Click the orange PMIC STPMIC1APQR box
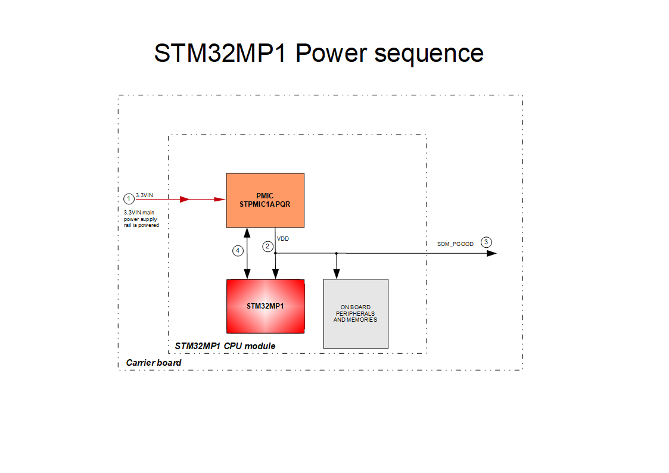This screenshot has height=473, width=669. [265, 200]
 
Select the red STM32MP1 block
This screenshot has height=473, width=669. [265, 306]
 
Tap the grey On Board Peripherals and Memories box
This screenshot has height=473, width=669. [355, 313]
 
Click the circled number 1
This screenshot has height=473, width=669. [128, 198]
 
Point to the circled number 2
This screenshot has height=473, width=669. [267, 246]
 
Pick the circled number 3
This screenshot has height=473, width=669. [487, 242]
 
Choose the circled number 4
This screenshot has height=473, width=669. [238, 251]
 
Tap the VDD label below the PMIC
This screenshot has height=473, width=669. [283, 239]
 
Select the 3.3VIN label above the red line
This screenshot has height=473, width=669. [144, 195]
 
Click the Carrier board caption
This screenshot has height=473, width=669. [154, 362]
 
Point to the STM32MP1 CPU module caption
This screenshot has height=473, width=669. [225, 346]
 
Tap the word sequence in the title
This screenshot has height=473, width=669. [428, 53]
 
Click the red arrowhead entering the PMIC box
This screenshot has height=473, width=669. [220, 200]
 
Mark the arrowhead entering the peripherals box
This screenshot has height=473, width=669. [337, 274]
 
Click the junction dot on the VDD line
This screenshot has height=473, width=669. [337, 253]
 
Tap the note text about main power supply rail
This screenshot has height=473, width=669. [141, 219]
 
